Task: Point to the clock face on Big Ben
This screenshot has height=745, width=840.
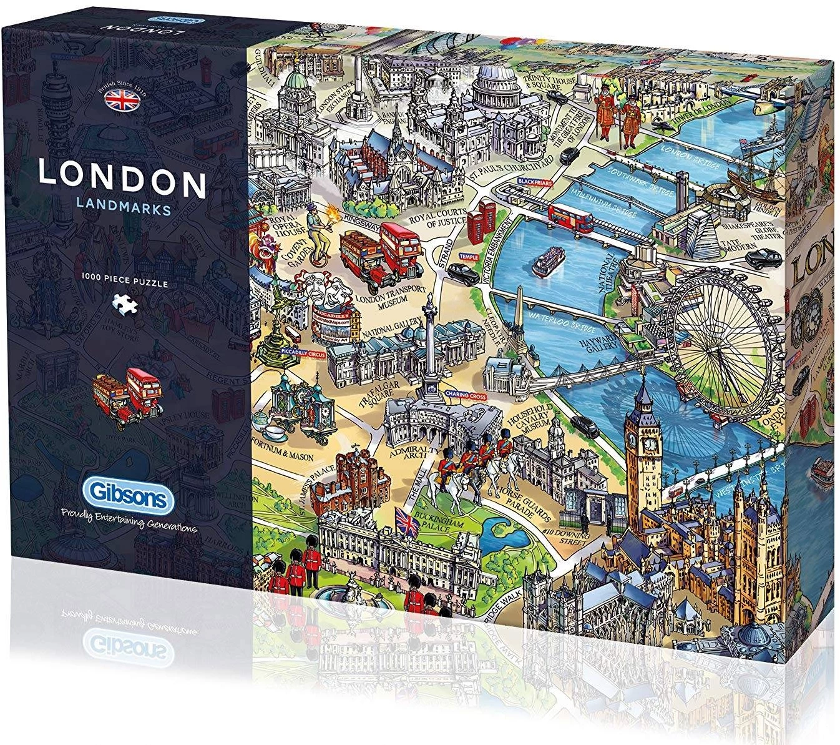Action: (x=650, y=443)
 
